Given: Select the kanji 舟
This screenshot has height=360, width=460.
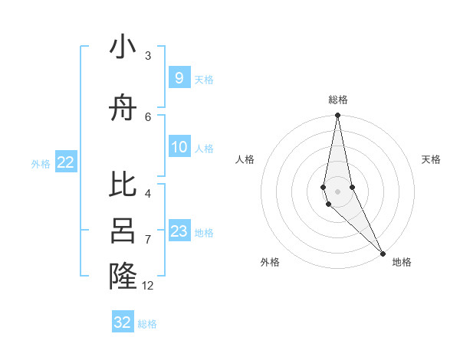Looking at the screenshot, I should click(x=123, y=110).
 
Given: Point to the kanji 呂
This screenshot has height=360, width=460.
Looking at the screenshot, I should click(x=123, y=231).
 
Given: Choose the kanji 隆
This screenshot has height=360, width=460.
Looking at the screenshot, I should click(x=123, y=276).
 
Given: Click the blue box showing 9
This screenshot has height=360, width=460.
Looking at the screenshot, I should click(x=179, y=78).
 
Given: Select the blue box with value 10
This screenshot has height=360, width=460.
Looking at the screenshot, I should click(x=179, y=147).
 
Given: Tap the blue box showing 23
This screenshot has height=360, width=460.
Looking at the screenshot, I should click(x=179, y=231).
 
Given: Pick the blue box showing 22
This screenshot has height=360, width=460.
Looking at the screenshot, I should click(x=65, y=162).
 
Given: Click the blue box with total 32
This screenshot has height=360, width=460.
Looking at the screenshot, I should click(x=123, y=322).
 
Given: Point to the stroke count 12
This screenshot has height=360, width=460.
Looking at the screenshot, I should click(x=148, y=286).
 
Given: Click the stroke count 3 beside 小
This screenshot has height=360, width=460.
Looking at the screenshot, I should click(x=148, y=56).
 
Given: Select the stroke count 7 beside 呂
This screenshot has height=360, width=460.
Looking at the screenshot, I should click(x=148, y=240).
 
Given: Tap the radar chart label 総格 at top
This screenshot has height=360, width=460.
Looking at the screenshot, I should click(x=337, y=100).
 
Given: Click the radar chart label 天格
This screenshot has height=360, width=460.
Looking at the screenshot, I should click(x=431, y=159).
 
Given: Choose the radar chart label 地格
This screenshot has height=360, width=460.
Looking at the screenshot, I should click(x=402, y=262).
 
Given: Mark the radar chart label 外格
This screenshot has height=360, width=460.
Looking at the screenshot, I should click(x=270, y=262).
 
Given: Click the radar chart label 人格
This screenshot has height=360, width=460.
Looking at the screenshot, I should click(x=245, y=159).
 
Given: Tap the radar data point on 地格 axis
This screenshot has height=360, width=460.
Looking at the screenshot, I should click(x=383, y=254).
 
